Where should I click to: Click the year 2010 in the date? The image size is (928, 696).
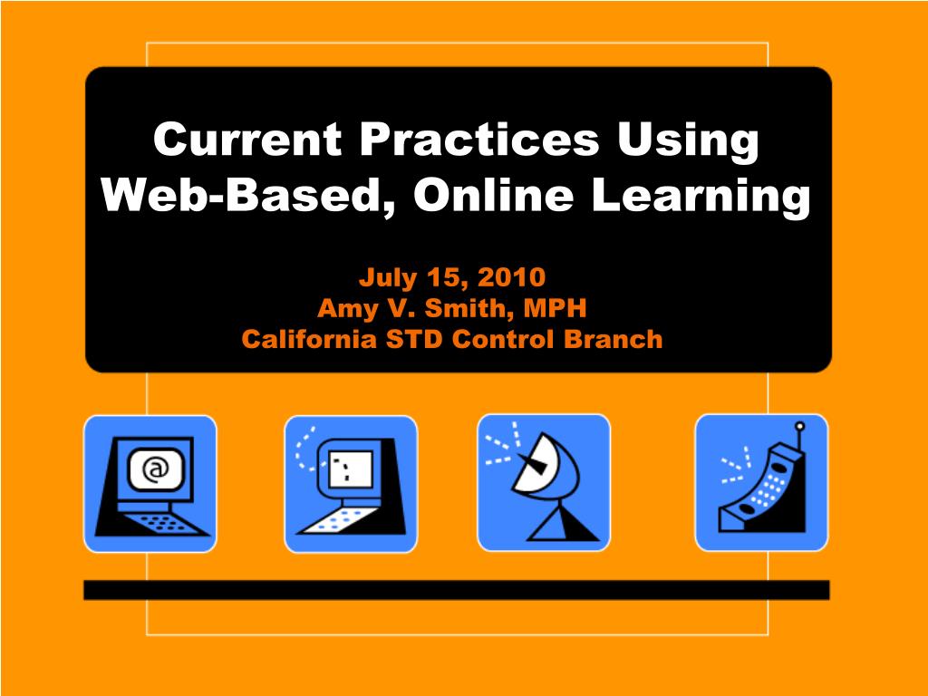coord(509,275)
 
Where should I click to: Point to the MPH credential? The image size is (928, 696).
coord(553,308)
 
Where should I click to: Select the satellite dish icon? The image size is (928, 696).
coord(544,482)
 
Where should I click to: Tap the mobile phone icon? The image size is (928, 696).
coord(761,482)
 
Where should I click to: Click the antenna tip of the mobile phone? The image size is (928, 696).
coord(798,426)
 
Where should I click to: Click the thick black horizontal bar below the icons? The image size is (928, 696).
coord(456,590)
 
